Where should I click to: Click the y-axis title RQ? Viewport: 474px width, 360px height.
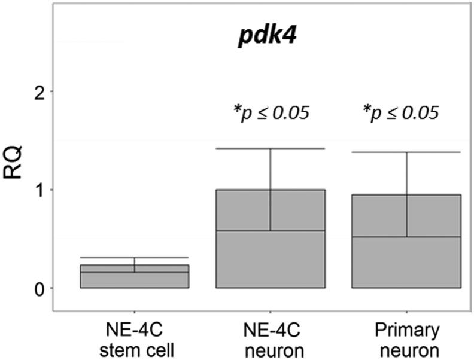tap(16, 161)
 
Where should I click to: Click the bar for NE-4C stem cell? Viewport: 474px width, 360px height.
tap(135, 277)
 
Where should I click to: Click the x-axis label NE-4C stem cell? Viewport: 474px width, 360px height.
tap(135, 338)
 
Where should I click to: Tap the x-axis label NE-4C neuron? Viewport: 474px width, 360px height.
tap(271, 338)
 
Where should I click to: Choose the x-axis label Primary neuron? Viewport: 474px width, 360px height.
tap(406, 338)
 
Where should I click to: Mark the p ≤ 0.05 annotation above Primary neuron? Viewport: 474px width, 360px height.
tap(402, 112)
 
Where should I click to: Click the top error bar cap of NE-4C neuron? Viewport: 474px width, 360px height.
tap(271, 148)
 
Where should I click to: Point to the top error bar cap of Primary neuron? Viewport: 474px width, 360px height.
tap(406, 152)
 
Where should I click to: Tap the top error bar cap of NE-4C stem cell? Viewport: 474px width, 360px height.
tap(135, 258)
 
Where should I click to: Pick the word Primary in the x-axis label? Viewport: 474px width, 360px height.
tap(406, 330)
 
